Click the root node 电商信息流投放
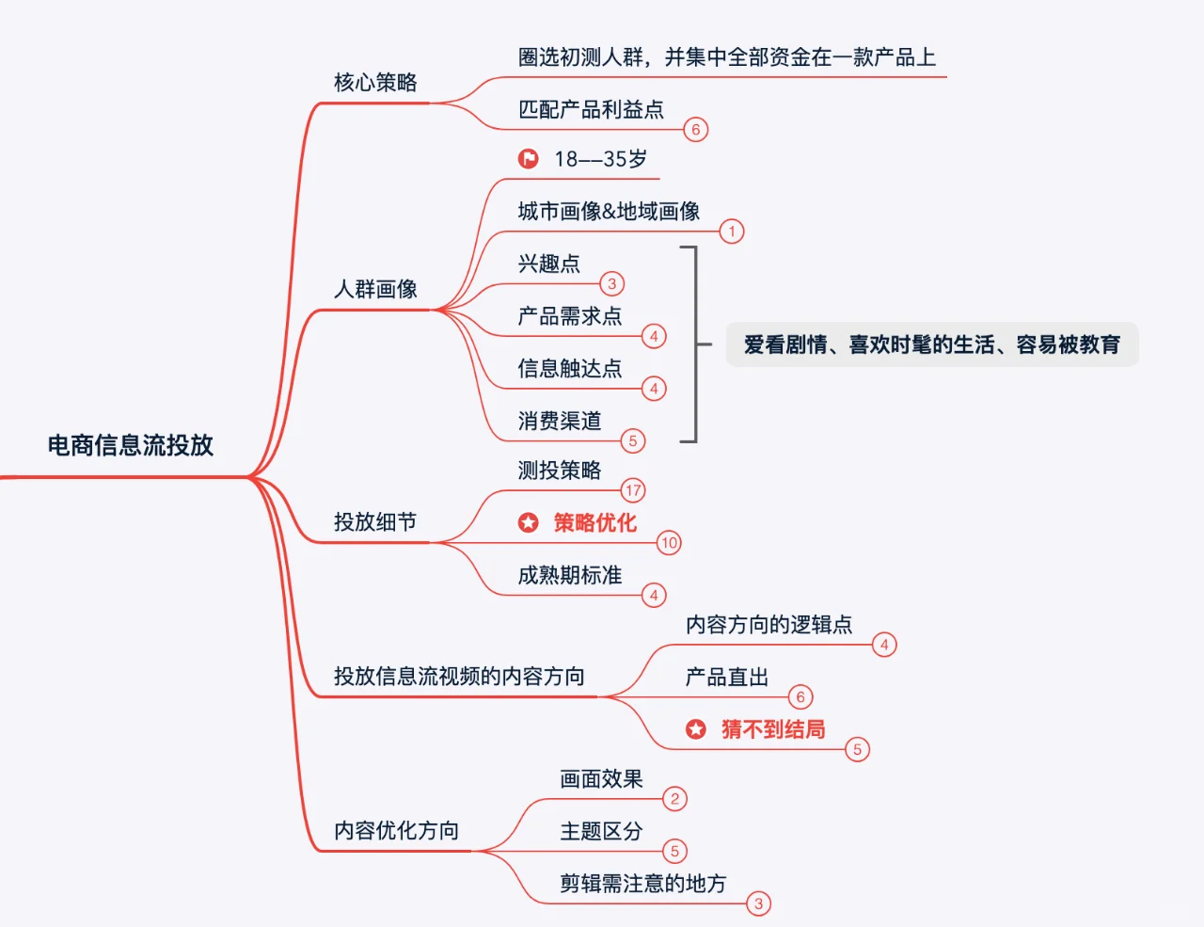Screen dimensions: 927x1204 coord(131,445)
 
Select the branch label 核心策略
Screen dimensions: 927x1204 coord(375,83)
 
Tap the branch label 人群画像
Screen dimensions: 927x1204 coord(375,289)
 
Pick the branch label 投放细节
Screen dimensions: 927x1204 coord(375,522)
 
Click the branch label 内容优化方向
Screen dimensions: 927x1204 coord(396,831)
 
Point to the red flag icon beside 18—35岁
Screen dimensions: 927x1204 coord(529,159)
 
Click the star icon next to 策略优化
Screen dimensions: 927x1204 coord(529,522)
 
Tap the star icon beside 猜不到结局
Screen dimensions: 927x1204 coord(696,729)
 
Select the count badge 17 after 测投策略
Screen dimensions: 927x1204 coord(633,490)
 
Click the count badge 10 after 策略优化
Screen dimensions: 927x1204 coord(669,543)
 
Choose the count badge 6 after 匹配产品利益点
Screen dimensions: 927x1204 coord(696,130)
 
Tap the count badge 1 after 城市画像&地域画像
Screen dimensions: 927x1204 coord(732,232)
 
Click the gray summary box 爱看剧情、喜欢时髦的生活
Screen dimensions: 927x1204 coord(931,345)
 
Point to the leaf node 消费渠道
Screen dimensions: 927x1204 coord(560,421)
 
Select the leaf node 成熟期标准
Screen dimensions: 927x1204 coord(570,575)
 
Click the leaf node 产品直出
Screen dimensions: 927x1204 coord(727,678)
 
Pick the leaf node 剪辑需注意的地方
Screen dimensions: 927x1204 coord(643,884)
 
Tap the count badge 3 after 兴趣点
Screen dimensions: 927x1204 coord(611,284)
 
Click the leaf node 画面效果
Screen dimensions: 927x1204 coord(601,779)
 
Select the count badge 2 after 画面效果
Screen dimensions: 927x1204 coord(674,799)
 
